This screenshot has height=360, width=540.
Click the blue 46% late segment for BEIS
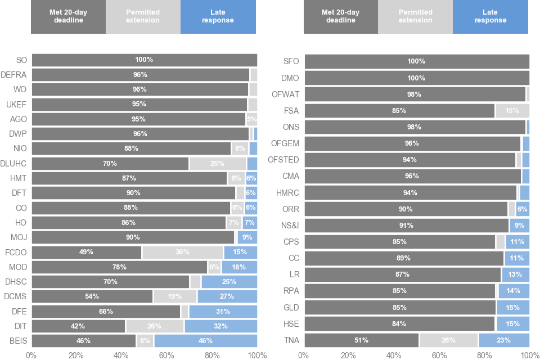click(205, 341)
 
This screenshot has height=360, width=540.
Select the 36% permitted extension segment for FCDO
click(182, 252)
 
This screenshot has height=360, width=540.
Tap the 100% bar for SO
click(144, 60)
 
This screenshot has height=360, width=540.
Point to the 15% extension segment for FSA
click(512, 111)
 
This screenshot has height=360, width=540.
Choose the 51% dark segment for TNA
click(361, 340)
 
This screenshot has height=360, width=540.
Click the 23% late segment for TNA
click(503, 340)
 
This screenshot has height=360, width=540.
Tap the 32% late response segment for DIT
click(220, 326)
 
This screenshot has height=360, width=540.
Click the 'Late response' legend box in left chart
click(218, 16)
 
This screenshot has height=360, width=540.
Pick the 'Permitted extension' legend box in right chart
click(415, 16)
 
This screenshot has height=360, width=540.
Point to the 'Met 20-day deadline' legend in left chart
click(69, 16)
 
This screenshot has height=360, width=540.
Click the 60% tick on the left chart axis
click(166, 355)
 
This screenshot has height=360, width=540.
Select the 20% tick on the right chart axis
click(349, 355)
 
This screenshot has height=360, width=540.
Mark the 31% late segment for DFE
click(223, 311)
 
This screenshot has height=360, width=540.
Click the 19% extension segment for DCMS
click(175, 296)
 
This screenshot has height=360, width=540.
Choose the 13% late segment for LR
click(515, 274)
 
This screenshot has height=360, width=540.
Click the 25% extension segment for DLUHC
click(218, 163)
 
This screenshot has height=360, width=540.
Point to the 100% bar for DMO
click(416, 78)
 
